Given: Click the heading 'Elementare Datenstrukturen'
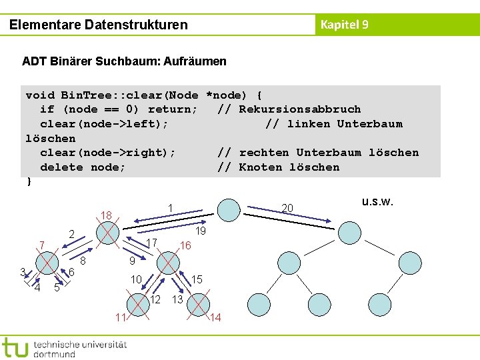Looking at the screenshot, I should (99, 25).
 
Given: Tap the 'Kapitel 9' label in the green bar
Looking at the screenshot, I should (344, 25).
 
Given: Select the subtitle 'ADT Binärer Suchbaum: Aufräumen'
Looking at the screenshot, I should (124, 61).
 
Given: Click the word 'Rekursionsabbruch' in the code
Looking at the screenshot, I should (299, 109).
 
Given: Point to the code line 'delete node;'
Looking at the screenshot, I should (83, 167).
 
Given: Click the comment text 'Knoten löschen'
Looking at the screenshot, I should (289, 167).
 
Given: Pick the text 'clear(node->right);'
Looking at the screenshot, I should (108, 153).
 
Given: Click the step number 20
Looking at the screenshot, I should (287, 209).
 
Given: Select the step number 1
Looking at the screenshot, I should (171, 208).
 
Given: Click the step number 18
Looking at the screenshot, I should (106, 215).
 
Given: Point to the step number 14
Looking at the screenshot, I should (215, 318).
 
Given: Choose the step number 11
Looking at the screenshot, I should (120, 317).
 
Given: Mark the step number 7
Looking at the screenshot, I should (41, 245).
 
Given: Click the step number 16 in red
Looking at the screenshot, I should (185, 245).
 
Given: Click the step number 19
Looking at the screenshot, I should (200, 231).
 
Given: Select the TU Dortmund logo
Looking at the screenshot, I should (63, 347).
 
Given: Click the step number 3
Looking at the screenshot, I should (22, 271).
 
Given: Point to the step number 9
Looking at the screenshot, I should (132, 261).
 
